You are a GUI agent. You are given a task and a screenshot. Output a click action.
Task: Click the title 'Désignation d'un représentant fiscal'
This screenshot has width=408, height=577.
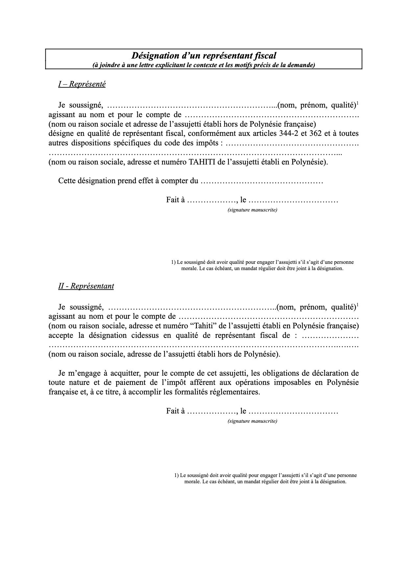(x=204, y=56)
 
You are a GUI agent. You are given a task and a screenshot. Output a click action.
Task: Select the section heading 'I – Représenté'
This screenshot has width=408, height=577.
(x=82, y=84)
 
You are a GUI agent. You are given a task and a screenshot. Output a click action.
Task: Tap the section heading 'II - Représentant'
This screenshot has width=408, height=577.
(x=86, y=286)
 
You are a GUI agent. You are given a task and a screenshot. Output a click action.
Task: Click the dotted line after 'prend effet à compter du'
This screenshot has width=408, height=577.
(x=262, y=181)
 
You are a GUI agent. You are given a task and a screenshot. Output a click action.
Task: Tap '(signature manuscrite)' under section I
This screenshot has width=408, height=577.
(x=252, y=210)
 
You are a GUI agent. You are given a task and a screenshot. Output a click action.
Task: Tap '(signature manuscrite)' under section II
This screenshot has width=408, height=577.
(x=252, y=421)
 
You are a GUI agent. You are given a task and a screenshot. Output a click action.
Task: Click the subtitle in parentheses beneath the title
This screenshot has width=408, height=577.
(x=204, y=65)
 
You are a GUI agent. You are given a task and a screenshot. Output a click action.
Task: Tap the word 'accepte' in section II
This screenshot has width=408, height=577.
(x=60, y=336)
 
